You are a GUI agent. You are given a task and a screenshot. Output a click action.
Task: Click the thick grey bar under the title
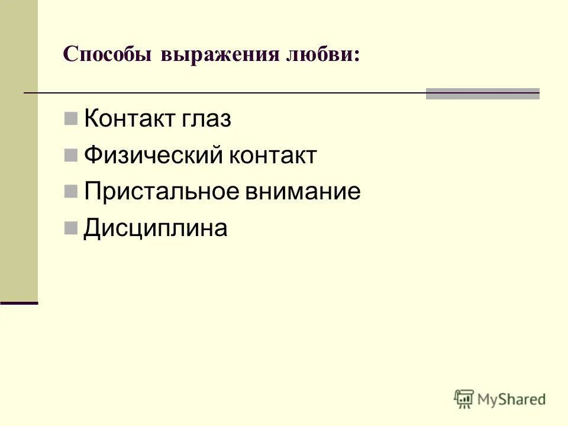(x=482, y=93)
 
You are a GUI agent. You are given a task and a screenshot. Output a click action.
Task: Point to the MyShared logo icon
(x=464, y=399)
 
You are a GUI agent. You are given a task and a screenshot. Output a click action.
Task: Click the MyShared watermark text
(x=512, y=399)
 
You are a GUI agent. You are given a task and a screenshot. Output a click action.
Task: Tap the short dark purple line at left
(x=19, y=302)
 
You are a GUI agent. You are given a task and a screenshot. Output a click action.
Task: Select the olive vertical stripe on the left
(x=19, y=148)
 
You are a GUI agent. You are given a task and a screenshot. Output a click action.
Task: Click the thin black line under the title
(x=225, y=93)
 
